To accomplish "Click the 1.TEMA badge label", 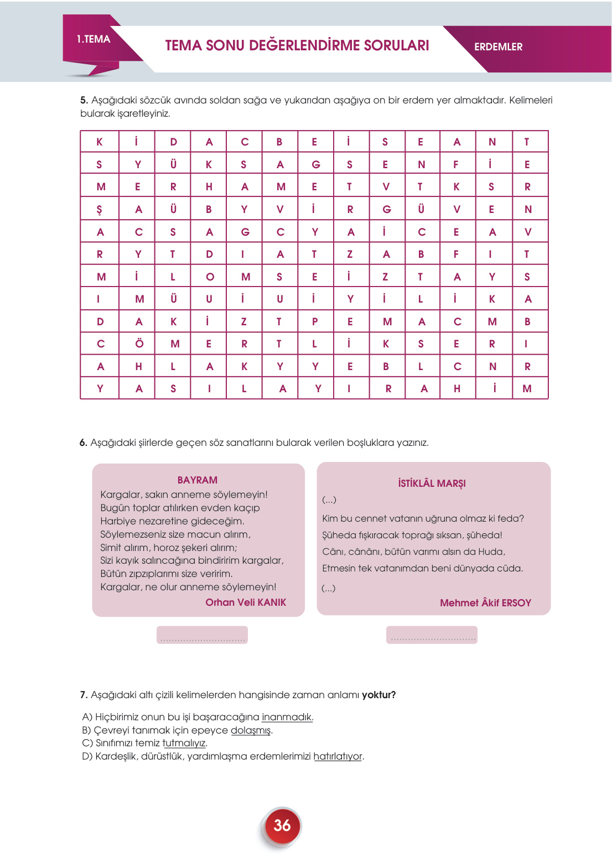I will point(94,39).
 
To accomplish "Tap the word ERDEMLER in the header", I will point(498,47).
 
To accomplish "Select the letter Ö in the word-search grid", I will point(139,344).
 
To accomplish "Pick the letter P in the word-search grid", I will point(315,321).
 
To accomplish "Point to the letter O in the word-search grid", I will point(210,277).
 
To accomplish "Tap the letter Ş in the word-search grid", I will point(100,210).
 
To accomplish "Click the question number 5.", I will point(84,100).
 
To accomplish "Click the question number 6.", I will point(84,443).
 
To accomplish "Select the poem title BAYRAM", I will point(198,480).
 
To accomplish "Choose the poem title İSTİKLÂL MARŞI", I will point(432,484).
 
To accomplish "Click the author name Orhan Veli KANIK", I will point(246,602).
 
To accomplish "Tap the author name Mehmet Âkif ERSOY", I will point(485,603).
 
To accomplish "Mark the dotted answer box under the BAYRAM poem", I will point(202,635).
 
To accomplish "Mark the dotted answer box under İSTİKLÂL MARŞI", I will point(432,635).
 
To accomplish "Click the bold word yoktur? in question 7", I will point(378,695).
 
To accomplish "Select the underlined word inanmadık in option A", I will point(287,717).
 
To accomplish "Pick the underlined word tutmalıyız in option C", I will point(184,743).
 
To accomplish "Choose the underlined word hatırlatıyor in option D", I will point(338,756).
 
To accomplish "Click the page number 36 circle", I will point(282,825).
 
